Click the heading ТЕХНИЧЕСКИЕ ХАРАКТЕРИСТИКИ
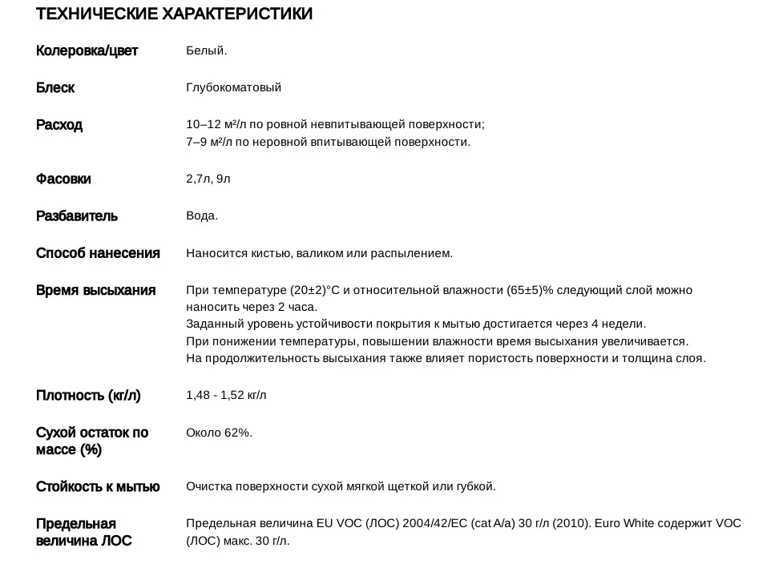pyautogui.click(x=174, y=14)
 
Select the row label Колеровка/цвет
pyautogui.click(x=87, y=51)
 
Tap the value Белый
pyautogui.click(x=207, y=51)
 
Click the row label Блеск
pyautogui.click(x=55, y=88)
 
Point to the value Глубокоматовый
pyautogui.click(x=233, y=88)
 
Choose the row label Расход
pyautogui.click(x=59, y=125)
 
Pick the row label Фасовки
pyautogui.click(x=63, y=179)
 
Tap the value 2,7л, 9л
pyautogui.click(x=208, y=179)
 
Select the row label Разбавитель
pyautogui.click(x=77, y=216)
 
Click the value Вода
pyautogui.click(x=202, y=216)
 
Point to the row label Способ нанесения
pyautogui.click(x=98, y=253)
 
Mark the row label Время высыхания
pyautogui.click(x=95, y=290)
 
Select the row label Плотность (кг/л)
pyautogui.click(x=88, y=396)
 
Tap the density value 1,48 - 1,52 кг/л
pyautogui.click(x=226, y=396)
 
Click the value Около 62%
pyautogui.click(x=219, y=433)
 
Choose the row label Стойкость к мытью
pyautogui.click(x=98, y=486)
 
